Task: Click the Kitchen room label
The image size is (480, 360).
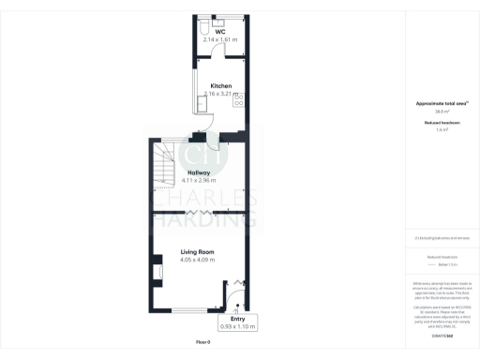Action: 220,85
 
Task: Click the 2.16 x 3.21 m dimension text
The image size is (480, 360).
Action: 220,94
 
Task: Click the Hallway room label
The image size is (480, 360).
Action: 197,173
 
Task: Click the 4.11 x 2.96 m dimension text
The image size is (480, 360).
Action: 197,181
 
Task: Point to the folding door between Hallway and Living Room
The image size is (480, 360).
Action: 202,214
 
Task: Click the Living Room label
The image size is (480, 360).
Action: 198,252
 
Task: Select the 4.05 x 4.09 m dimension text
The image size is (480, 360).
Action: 198,260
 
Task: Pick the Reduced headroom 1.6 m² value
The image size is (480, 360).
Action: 442,130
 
